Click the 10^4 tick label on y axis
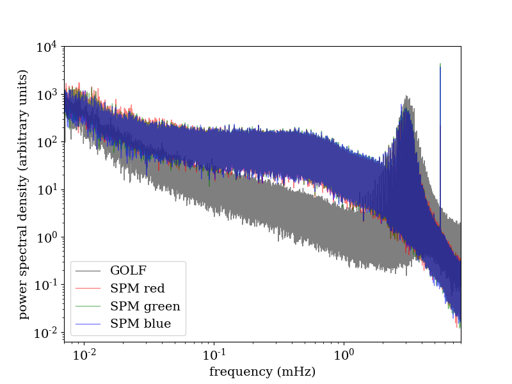pos(47,47)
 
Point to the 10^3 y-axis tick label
pos(47,94)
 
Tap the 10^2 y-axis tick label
pos(47,141)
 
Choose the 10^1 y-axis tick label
pos(47,189)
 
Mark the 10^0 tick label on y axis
pos(47,237)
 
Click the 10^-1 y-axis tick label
pos(45,284)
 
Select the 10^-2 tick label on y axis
pos(45,332)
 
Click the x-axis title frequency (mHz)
pos(262,371)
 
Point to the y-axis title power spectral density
pos(23,194)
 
